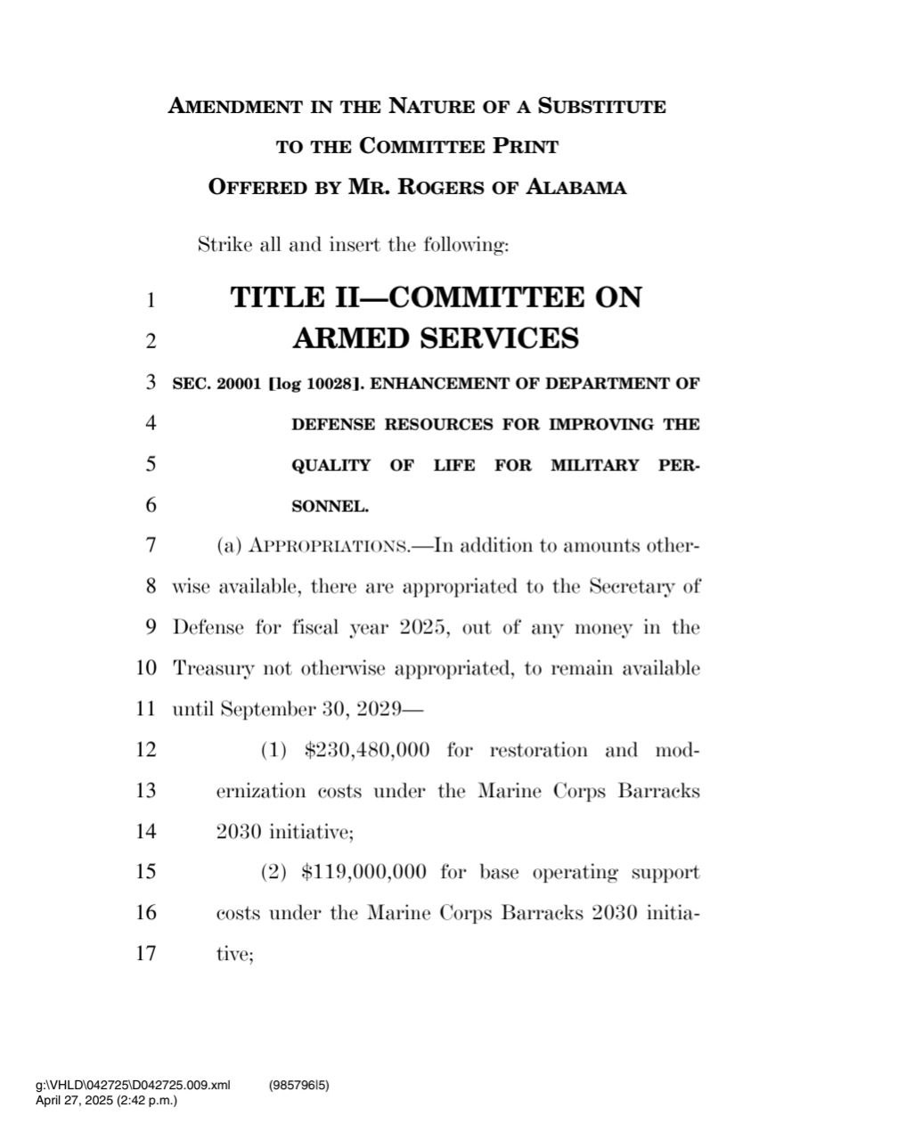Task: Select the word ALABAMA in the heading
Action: (576, 188)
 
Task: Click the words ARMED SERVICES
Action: (436, 338)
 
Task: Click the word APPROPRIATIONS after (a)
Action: (328, 546)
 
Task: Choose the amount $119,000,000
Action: (364, 872)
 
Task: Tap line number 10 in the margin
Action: (146, 668)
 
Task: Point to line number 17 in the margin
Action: (146, 954)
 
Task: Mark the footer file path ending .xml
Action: (133, 1085)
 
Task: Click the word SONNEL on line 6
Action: (330, 507)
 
